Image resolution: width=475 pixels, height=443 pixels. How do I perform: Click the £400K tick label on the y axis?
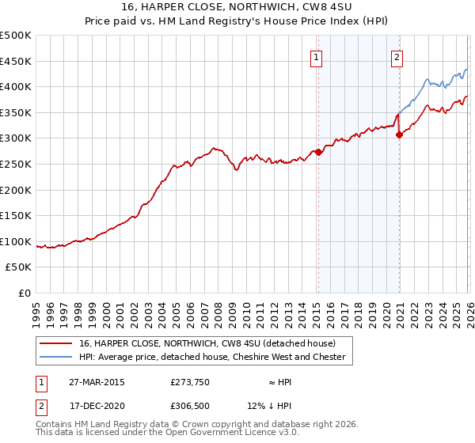[x=16, y=87]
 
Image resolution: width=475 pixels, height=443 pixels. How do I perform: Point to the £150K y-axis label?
[x=16, y=215]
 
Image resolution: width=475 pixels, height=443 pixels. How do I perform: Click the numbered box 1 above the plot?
[x=316, y=57]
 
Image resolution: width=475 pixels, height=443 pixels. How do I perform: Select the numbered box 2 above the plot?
[x=396, y=57]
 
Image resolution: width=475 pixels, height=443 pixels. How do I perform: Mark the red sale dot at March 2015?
[x=318, y=152]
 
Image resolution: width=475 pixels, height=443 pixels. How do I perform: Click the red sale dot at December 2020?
[x=399, y=135]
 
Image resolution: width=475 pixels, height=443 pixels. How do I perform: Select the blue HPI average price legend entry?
[x=212, y=357]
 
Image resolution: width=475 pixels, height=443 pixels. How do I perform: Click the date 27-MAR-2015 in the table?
[x=96, y=382]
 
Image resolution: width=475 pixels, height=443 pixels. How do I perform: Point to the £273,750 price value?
[x=188, y=382]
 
